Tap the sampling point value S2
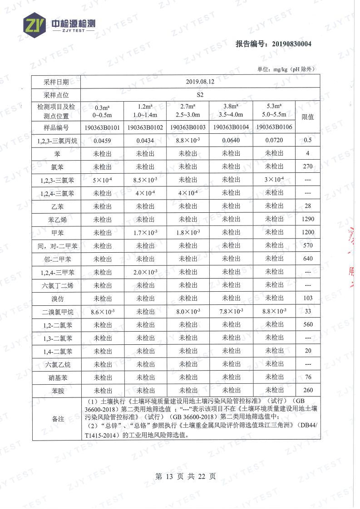click(x=200, y=95)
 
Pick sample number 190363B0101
click(x=102, y=127)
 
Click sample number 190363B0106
click(x=274, y=127)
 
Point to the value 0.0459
click(x=102, y=141)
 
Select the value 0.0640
click(x=231, y=141)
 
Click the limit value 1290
click(x=307, y=220)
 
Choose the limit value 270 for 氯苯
click(x=307, y=166)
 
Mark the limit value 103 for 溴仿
click(x=307, y=298)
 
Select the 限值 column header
click(x=307, y=117)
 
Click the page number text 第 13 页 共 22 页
click(x=185, y=476)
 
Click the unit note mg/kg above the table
click(x=286, y=69)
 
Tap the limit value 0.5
click(x=307, y=141)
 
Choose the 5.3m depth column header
click(x=274, y=110)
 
